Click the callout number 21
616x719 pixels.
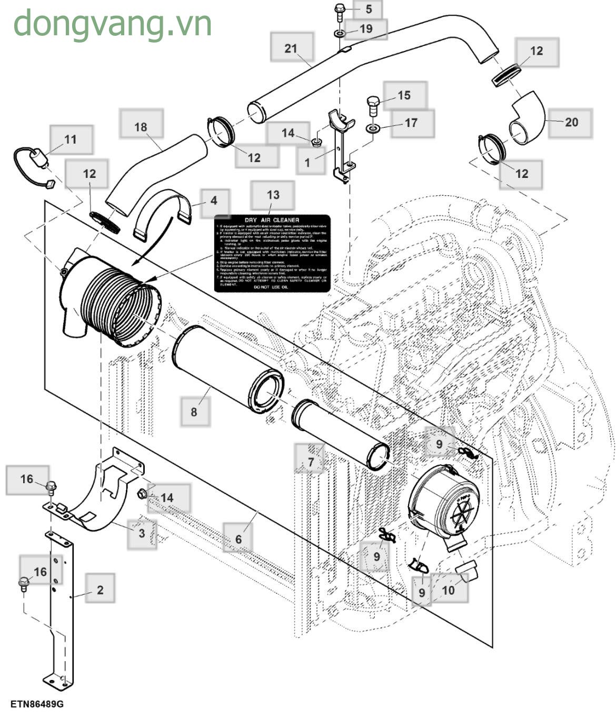291,48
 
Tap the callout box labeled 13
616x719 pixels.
273,195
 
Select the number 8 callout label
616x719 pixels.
194,411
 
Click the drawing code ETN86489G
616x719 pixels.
36,704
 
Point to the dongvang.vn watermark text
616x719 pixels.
113,24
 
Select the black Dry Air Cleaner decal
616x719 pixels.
272,253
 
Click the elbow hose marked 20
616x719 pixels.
526,118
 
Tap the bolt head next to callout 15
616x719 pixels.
372,102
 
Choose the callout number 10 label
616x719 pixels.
448,590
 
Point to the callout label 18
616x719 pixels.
141,127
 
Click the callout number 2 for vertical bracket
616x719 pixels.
100,590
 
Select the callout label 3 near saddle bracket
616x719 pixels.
142,533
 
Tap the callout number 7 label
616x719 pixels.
311,462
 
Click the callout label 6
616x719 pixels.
238,539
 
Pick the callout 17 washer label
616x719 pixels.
411,123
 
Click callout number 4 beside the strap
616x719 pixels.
213,201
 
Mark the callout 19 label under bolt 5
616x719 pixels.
365,28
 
